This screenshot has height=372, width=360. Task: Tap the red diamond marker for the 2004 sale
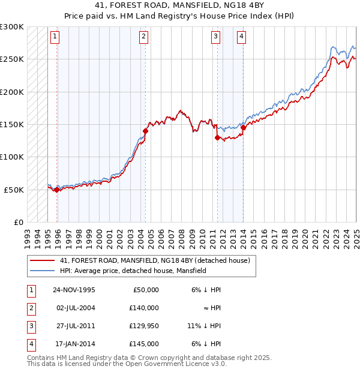click(x=145, y=130)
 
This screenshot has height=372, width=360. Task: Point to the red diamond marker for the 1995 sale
click(x=57, y=190)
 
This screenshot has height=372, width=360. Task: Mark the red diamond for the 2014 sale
click(x=244, y=127)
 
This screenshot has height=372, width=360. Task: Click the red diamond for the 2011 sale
click(x=218, y=137)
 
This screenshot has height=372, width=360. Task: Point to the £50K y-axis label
click(x=14, y=190)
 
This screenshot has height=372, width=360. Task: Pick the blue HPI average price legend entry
click(x=133, y=271)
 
